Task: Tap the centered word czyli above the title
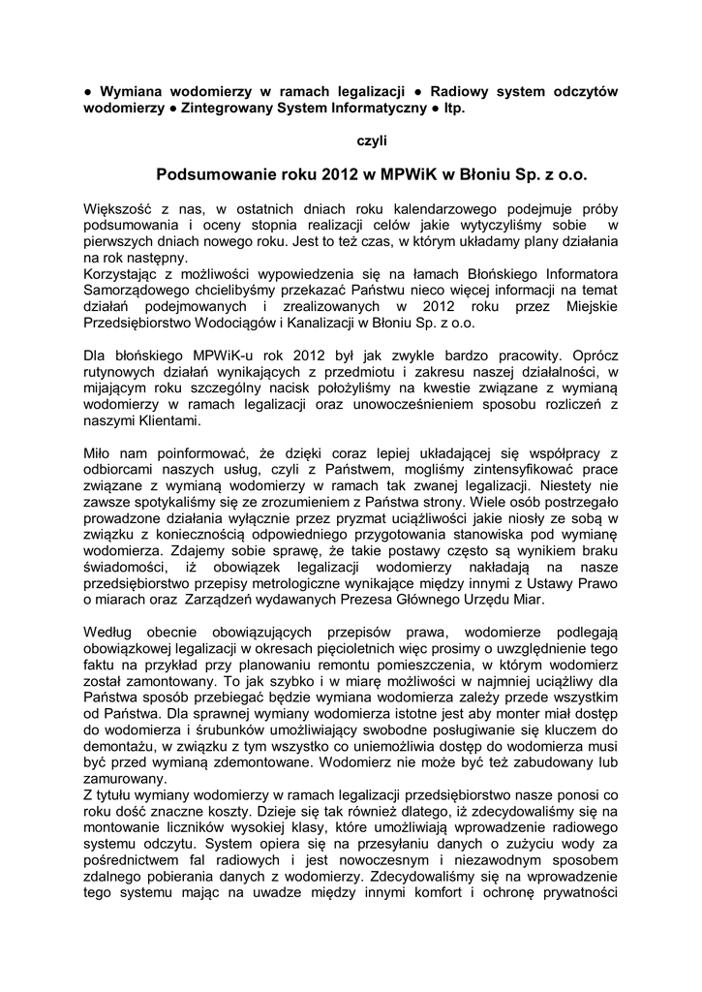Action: (x=372, y=140)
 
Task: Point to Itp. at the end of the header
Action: (x=454, y=108)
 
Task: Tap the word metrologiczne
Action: (x=394, y=583)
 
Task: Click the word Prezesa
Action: (x=392, y=600)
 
